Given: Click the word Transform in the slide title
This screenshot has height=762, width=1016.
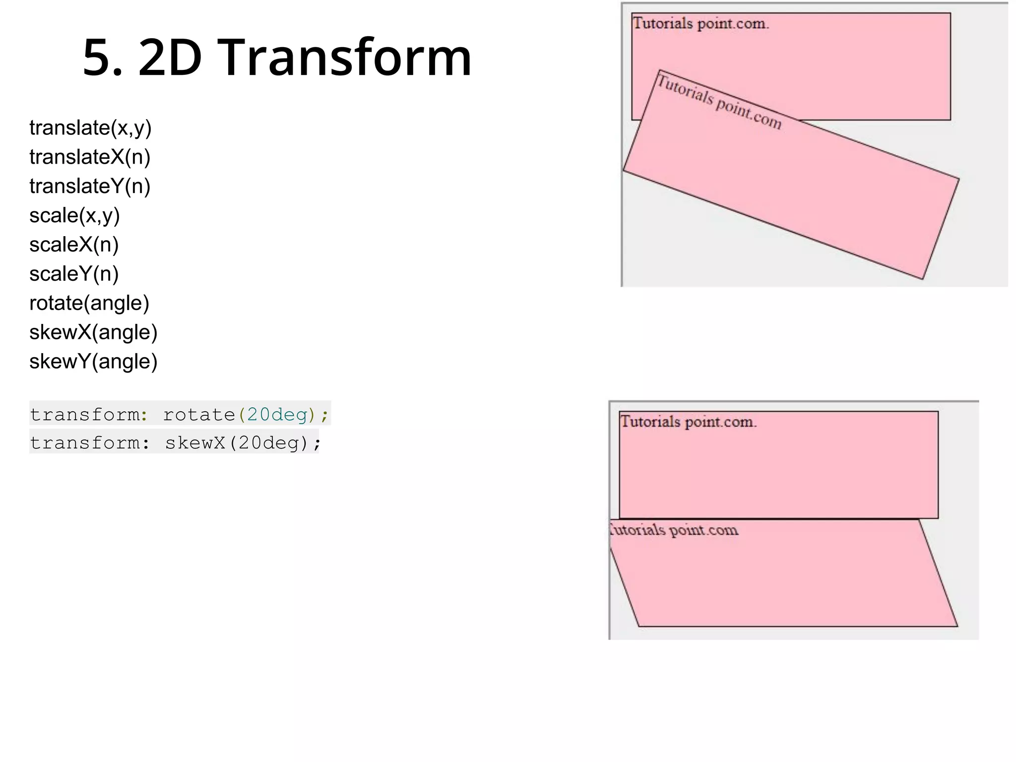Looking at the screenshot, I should pos(344,58).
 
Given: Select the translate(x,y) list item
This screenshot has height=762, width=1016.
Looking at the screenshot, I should pos(90,128).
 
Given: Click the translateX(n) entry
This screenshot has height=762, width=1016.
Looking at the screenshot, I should pos(90,157).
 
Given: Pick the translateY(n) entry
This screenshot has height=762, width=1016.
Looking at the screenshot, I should pos(90,187).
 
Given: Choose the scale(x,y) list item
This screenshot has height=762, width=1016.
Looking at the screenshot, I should pos(74,216).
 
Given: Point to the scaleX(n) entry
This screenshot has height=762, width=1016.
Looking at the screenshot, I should pos(74,245).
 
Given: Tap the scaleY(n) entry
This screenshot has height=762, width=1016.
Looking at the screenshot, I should pos(74,274).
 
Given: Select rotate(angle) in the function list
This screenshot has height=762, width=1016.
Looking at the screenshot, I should pos(89,303).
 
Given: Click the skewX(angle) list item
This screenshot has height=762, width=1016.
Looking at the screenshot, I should pos(93,332).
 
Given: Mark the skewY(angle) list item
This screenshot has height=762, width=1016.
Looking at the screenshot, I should pos(93,362).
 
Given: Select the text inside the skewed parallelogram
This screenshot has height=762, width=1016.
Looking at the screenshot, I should pos(675,530).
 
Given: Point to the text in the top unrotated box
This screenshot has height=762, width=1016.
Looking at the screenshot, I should pos(700,23).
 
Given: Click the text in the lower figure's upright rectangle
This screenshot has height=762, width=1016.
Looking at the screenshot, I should pos(688,422).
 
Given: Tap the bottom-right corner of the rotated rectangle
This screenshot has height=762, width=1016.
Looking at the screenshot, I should pos(922,279).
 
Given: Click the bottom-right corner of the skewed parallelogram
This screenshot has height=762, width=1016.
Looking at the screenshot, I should pos(957,626).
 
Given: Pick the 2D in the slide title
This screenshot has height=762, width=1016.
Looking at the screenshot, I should pos(170,59).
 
